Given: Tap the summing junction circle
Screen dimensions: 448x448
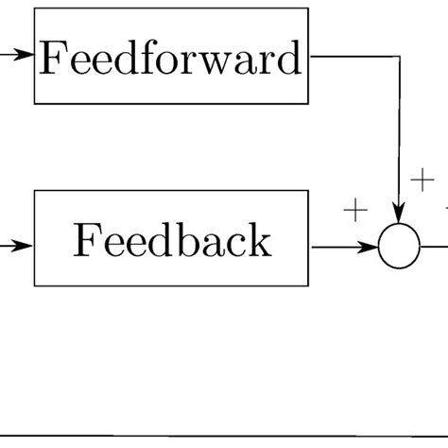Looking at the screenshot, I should tap(399, 248).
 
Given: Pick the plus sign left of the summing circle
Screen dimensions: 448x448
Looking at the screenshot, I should tap(354, 211).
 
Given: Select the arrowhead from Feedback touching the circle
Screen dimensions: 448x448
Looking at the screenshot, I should tap(370, 248).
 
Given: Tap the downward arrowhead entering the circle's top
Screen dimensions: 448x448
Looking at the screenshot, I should tap(399, 219).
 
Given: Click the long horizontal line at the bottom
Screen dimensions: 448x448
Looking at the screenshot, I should tap(224, 437).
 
